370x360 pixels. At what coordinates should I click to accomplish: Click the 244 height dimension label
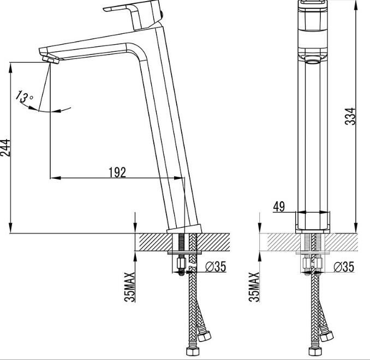(6, 147)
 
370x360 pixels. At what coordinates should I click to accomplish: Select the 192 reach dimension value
(117, 172)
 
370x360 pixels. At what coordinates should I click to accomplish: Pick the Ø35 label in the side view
(216, 267)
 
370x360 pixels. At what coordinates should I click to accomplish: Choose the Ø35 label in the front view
(343, 267)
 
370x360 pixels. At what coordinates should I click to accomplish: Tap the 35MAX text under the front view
(254, 286)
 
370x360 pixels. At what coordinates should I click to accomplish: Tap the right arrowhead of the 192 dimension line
(181, 178)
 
